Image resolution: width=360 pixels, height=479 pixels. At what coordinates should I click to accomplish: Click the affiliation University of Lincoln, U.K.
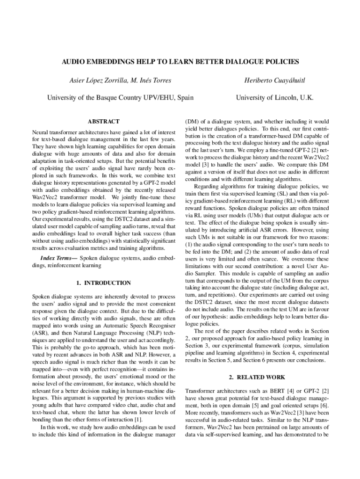(x=274, y=98)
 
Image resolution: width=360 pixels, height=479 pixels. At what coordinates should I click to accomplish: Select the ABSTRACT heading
(x=103, y=121)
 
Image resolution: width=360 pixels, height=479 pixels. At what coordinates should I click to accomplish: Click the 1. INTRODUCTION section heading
(x=103, y=283)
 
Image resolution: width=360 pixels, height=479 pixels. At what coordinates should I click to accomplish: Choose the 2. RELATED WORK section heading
(x=257, y=377)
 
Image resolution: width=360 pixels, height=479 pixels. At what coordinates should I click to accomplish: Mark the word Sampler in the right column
(x=203, y=273)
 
